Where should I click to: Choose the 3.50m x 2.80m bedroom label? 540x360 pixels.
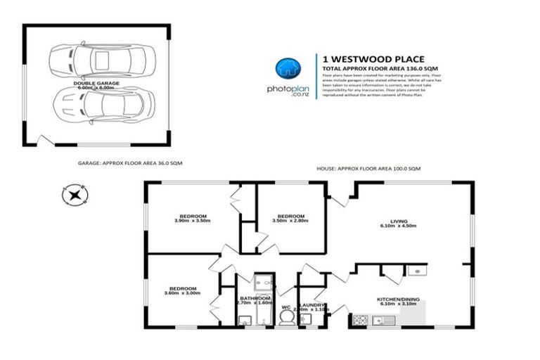[x=290, y=218]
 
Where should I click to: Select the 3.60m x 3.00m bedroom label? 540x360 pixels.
[x=182, y=290]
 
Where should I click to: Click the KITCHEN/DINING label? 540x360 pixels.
[x=399, y=301]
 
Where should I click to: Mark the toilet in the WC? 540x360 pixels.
[x=287, y=319]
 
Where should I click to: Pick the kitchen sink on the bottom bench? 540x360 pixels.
[x=386, y=321]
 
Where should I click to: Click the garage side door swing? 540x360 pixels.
[x=44, y=141]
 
